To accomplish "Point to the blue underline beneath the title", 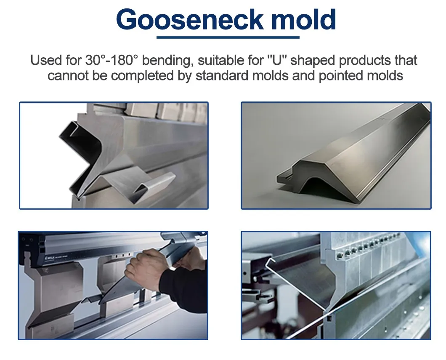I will pos(228,37).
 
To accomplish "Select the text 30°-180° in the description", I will pos(111,61).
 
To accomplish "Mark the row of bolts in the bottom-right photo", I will pos(366,244).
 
